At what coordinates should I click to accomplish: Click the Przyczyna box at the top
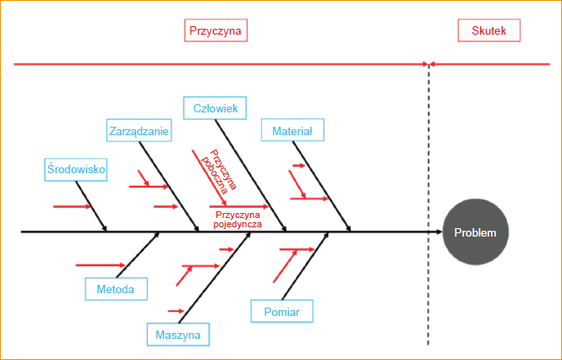point(216,31)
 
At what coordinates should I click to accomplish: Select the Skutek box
point(489,31)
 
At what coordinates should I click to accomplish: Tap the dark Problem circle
point(476,232)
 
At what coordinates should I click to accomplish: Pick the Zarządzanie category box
point(139,131)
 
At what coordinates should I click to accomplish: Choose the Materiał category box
point(292,131)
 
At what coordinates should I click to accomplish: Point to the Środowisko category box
point(76,169)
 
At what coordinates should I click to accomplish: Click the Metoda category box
point(116,289)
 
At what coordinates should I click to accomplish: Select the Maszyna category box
point(178,335)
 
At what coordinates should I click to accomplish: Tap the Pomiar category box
point(281,311)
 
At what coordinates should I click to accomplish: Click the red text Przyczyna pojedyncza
point(235,221)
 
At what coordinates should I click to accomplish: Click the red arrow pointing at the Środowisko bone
point(69,205)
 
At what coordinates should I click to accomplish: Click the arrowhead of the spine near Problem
point(437,231)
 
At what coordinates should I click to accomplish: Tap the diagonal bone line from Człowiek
point(251,175)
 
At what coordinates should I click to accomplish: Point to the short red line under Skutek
point(490,63)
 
